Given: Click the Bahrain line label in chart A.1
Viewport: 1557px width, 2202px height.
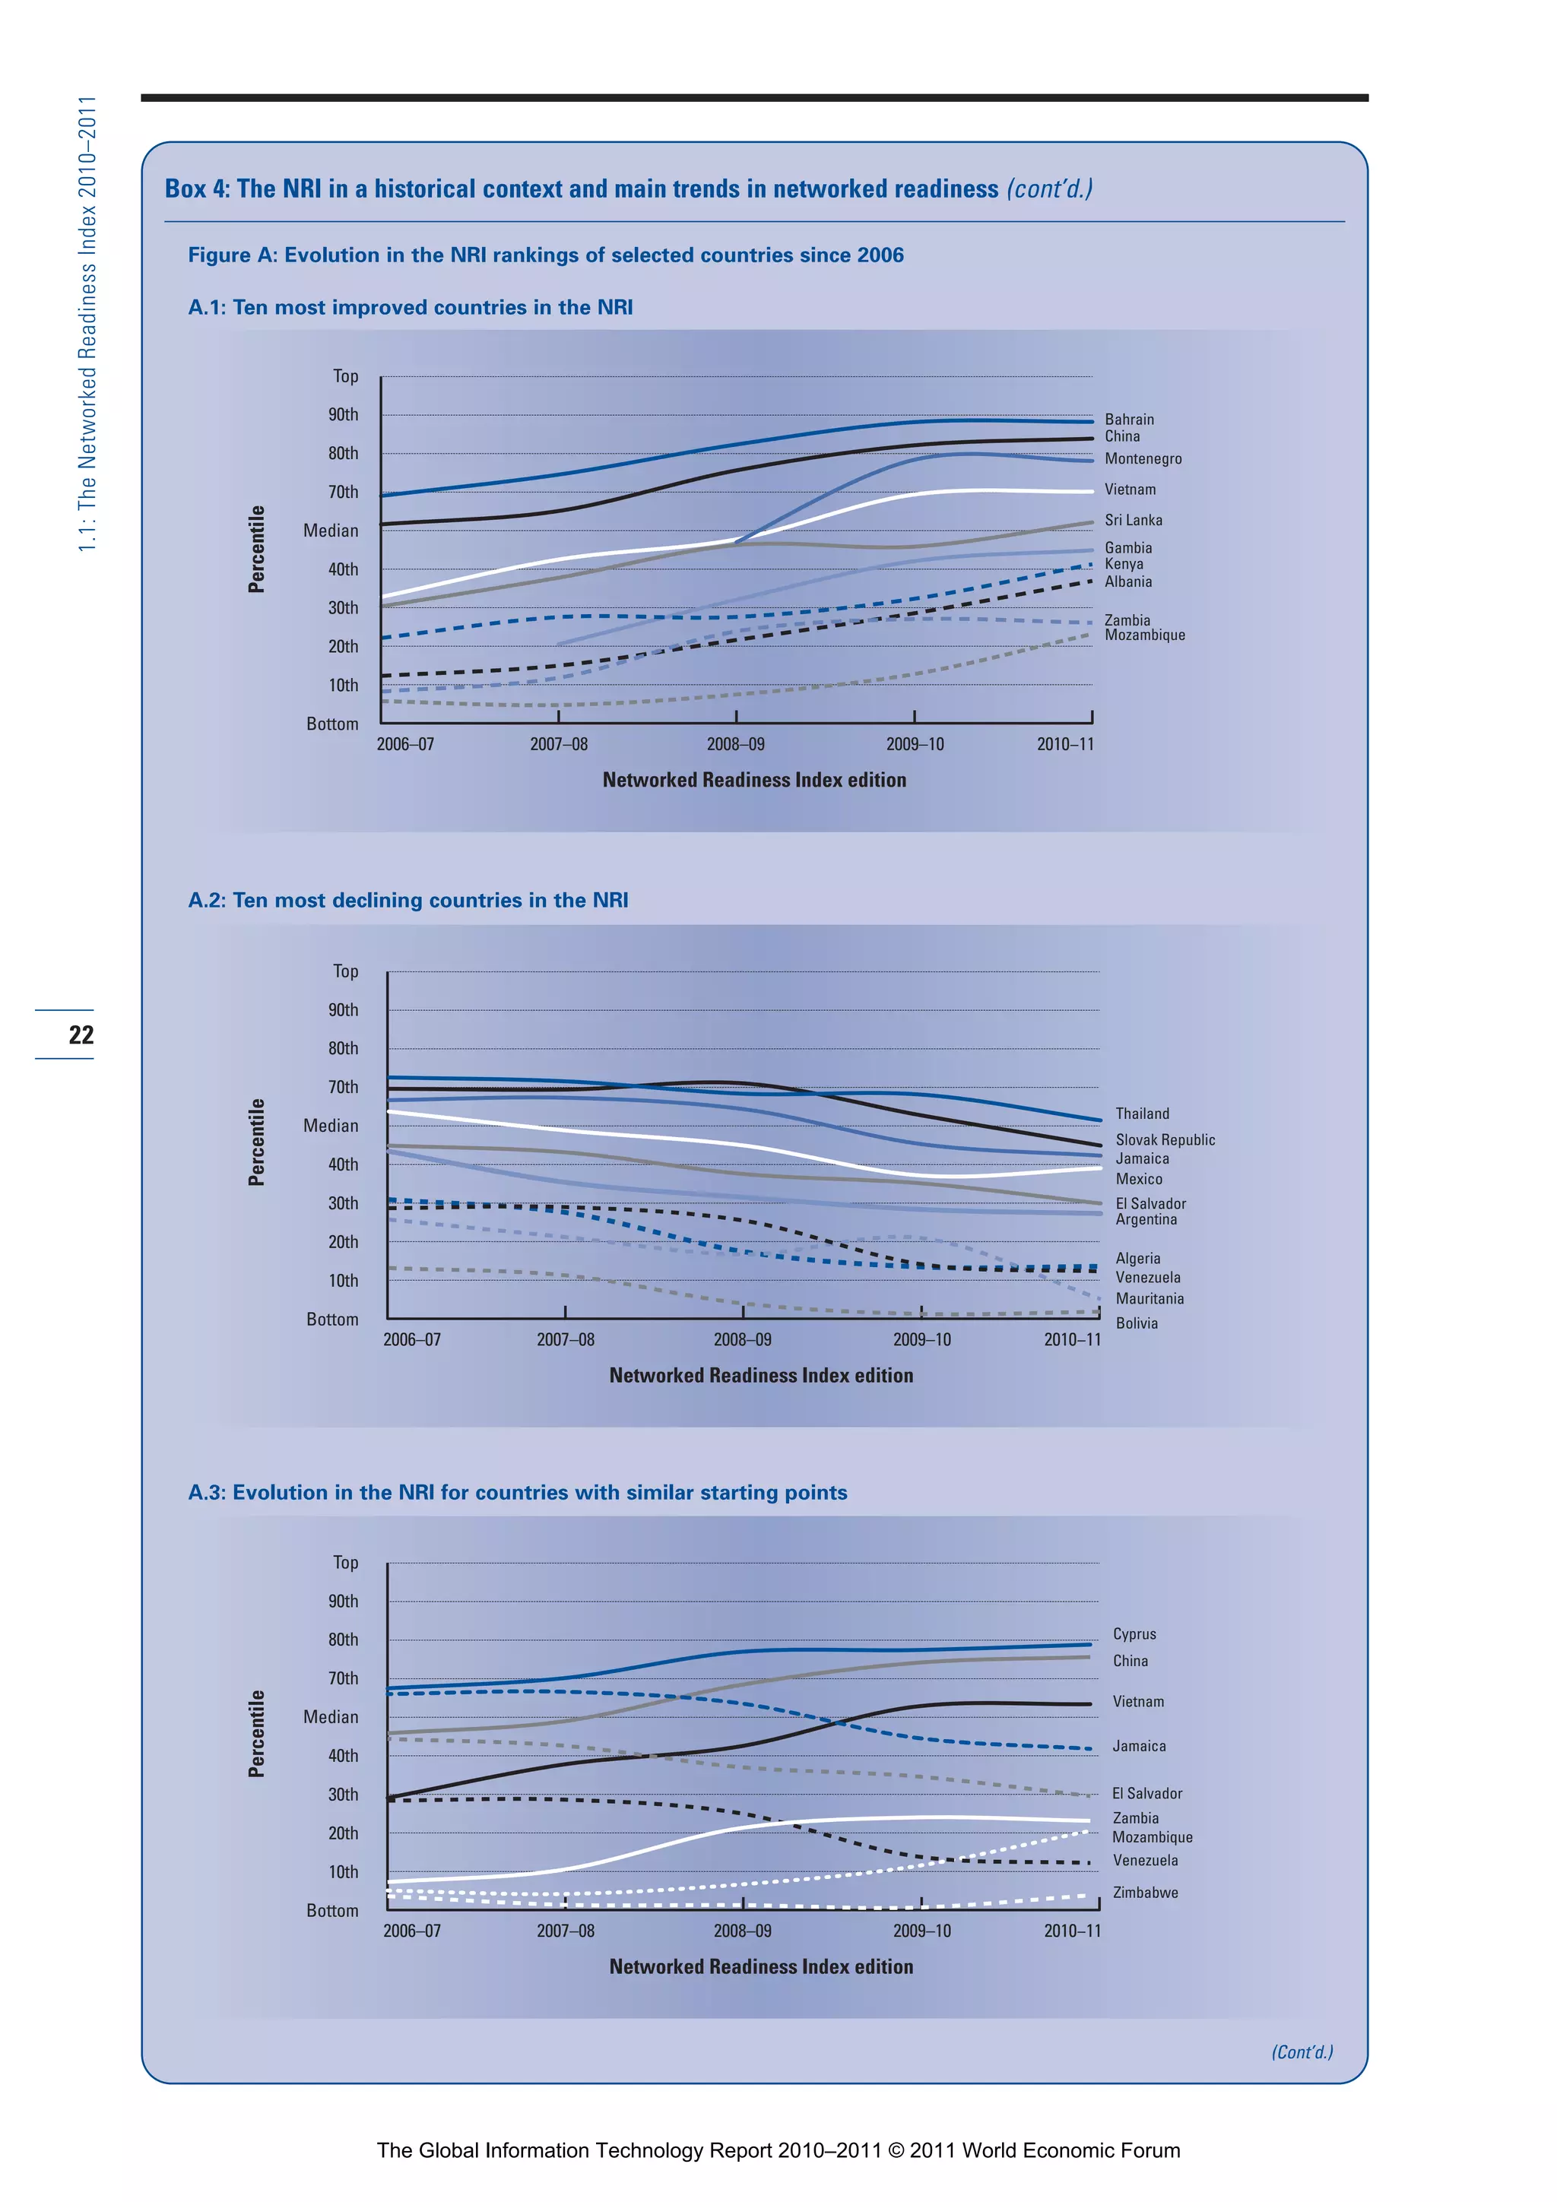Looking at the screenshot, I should pyautogui.click(x=1129, y=419).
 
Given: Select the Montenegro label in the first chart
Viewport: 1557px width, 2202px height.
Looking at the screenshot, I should pyautogui.click(x=1143, y=458).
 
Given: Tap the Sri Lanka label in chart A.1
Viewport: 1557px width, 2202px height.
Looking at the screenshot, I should pyautogui.click(x=1133, y=520).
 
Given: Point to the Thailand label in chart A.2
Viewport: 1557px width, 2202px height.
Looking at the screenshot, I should pyautogui.click(x=1142, y=1114).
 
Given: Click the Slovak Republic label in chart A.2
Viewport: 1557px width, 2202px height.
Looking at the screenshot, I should pyautogui.click(x=1165, y=1139).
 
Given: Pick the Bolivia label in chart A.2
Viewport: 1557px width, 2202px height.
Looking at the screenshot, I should pyautogui.click(x=1136, y=1323).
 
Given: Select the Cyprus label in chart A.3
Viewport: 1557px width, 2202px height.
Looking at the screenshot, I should pyautogui.click(x=1134, y=1633).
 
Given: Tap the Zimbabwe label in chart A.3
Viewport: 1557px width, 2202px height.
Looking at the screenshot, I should pyautogui.click(x=1144, y=1892).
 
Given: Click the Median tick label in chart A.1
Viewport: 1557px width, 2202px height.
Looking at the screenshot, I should pyautogui.click(x=330, y=531).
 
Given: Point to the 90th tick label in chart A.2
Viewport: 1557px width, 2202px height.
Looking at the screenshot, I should pyautogui.click(x=342, y=1010).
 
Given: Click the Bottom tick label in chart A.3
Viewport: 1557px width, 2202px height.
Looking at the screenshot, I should pyautogui.click(x=332, y=1910).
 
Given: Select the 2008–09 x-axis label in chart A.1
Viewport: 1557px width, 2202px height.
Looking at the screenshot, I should pyautogui.click(x=736, y=744).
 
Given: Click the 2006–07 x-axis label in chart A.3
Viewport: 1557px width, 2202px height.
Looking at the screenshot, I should pyautogui.click(x=411, y=1931).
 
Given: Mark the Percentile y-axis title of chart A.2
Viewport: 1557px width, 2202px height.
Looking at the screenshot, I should pyautogui.click(x=256, y=1142).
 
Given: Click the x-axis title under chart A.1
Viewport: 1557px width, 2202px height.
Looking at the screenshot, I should pyautogui.click(x=754, y=780).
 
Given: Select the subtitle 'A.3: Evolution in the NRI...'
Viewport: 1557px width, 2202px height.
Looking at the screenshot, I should pyautogui.click(x=517, y=1492).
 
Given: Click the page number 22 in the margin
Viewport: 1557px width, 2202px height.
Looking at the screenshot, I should pyautogui.click(x=81, y=1034).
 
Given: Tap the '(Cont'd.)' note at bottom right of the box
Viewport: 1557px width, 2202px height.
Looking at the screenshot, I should pyautogui.click(x=1302, y=2052).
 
